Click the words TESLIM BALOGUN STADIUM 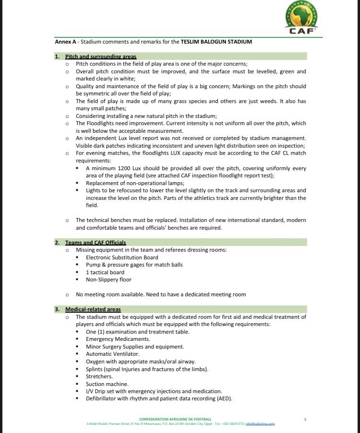point(216,42)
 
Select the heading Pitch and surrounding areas point(101,57)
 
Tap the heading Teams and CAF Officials point(96,243)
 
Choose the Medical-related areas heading point(93,309)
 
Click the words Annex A point(65,42)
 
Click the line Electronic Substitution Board point(122,257)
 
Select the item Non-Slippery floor point(108,280)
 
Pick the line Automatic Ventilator point(112,354)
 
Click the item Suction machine point(107,384)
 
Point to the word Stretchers point(99,376)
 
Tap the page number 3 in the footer point(305,420)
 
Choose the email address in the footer point(261,424)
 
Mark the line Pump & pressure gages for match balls point(134,265)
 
